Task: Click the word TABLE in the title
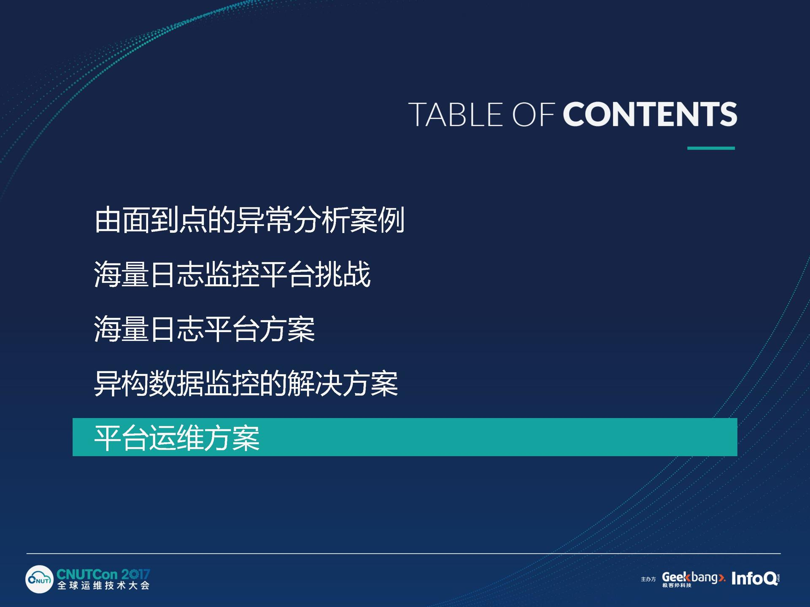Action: pos(456,114)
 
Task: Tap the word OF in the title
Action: pos(533,114)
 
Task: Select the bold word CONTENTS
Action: pos(650,114)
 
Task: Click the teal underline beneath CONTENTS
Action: pos(711,148)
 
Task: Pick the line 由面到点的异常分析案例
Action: pos(249,220)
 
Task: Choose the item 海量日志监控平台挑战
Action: pos(232,274)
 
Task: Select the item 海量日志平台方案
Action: pos(204,329)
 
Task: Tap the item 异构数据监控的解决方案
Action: pos(246,383)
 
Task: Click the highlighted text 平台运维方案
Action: pos(177,438)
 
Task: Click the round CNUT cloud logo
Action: pos(39,580)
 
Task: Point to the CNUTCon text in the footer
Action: pos(87,574)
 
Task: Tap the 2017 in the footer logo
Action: pos(135,574)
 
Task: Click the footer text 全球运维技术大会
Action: pos(103,586)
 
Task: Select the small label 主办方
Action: pos(648,579)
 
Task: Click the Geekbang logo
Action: pos(694,578)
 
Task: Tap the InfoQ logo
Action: pos(755,578)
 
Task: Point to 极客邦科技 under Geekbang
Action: pos(677,585)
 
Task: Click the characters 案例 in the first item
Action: pos(377,220)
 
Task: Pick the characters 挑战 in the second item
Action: pos(343,274)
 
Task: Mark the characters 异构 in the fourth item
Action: pos(121,383)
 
